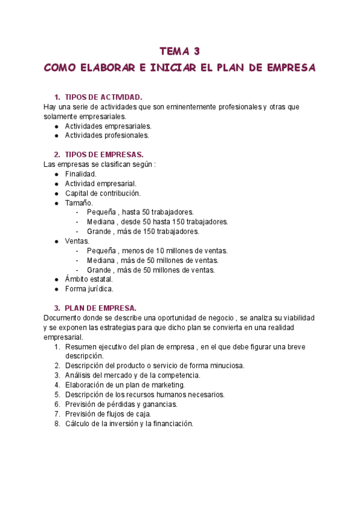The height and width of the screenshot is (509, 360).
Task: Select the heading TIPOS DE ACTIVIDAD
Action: point(103,97)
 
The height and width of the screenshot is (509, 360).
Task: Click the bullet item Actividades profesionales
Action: point(107,136)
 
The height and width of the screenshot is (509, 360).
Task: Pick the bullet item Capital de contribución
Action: point(102,193)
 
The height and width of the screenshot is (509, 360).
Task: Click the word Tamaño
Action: point(79,203)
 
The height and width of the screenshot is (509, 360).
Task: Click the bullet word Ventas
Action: point(77,241)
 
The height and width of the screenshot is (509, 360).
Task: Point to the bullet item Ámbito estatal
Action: point(89,279)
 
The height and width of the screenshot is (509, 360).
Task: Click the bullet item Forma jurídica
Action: point(89,289)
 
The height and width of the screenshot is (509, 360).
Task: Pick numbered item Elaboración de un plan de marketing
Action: point(125,385)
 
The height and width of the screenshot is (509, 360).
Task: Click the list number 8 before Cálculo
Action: point(56,423)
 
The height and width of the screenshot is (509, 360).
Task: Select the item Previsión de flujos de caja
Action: point(108,414)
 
